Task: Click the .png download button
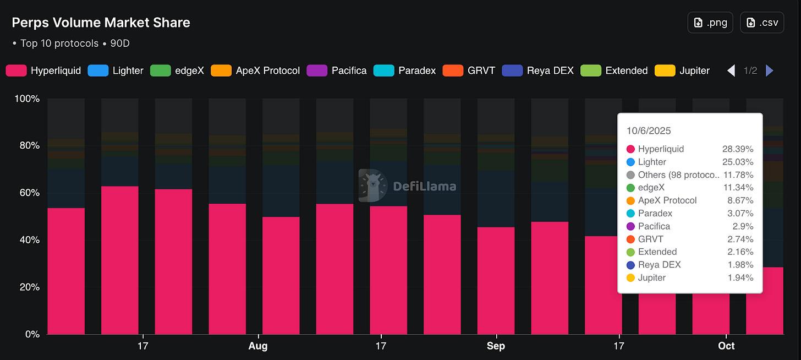click(710, 23)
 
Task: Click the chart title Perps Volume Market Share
click(101, 23)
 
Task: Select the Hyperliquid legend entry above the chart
click(43, 70)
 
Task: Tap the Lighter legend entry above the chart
click(116, 70)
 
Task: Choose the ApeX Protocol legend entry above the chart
click(255, 70)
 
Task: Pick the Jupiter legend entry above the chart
click(682, 70)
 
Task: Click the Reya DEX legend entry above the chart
click(538, 70)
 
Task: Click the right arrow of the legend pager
click(770, 70)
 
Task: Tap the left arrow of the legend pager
click(731, 70)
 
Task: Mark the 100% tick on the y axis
click(27, 99)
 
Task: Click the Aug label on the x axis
click(258, 346)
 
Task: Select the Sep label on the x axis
click(496, 346)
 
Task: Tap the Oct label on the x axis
click(726, 346)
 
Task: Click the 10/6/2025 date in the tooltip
click(649, 130)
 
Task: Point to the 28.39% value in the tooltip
click(738, 149)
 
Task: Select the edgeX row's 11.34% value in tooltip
click(738, 188)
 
